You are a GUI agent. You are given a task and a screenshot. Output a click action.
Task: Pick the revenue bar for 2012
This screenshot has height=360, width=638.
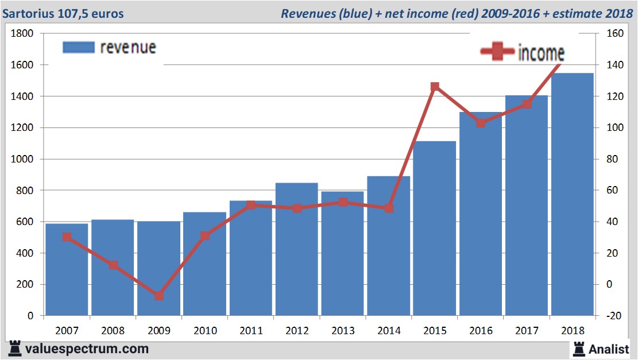pyautogui.click(x=297, y=249)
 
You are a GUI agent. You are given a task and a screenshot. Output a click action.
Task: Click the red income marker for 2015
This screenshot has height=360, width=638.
pyautogui.click(x=435, y=87)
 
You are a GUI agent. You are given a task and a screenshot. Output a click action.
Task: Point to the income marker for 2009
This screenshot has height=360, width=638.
pyautogui.click(x=159, y=296)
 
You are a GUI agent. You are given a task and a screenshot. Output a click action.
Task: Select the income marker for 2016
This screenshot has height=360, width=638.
pyautogui.click(x=481, y=123)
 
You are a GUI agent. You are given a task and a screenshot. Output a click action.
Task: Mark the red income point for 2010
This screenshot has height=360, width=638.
pyautogui.click(x=205, y=236)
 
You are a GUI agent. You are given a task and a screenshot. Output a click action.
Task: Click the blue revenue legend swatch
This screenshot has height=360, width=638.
pyautogui.click(x=78, y=47)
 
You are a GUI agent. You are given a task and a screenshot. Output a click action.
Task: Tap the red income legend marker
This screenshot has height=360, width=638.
pyautogui.click(x=497, y=52)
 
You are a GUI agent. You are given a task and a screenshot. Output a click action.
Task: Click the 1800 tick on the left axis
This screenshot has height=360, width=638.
pyautogui.click(x=23, y=34)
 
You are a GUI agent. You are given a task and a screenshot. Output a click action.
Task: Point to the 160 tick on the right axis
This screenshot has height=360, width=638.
pyautogui.click(x=606, y=34)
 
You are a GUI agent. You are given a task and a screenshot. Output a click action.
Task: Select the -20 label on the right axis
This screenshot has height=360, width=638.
pyautogui.click(x=606, y=316)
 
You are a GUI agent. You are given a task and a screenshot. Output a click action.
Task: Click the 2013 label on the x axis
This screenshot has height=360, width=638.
pyautogui.click(x=343, y=331)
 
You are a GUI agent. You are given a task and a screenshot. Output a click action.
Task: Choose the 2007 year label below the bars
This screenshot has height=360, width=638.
pyautogui.click(x=67, y=331)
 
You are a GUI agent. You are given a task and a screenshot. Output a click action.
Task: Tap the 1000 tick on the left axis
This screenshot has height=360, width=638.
pyautogui.click(x=23, y=159)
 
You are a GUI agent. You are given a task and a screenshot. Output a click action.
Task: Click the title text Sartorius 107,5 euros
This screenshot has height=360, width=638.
pyautogui.click(x=63, y=13)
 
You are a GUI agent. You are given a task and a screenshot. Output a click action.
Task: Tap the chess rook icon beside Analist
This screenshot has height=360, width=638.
pyautogui.click(x=578, y=348)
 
